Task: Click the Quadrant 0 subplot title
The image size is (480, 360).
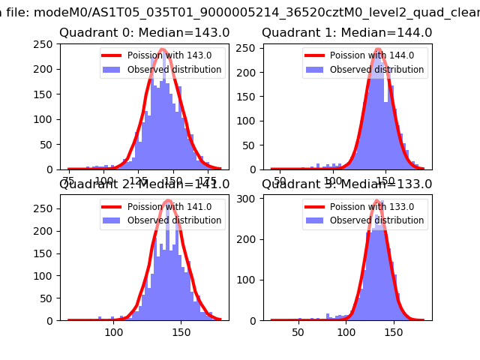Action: [x=144, y=33]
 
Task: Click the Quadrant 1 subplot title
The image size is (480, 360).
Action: [x=346, y=33]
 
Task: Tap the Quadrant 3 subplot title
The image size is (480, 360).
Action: [x=346, y=184]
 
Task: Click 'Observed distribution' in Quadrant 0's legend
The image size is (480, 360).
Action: [x=174, y=70]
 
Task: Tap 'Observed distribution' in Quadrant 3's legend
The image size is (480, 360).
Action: [x=376, y=221]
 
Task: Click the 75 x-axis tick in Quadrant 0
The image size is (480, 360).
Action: [x=70, y=181]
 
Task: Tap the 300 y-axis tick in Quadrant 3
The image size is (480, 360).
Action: [x=249, y=199]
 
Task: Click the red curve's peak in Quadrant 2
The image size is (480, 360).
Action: [x=168, y=200]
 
